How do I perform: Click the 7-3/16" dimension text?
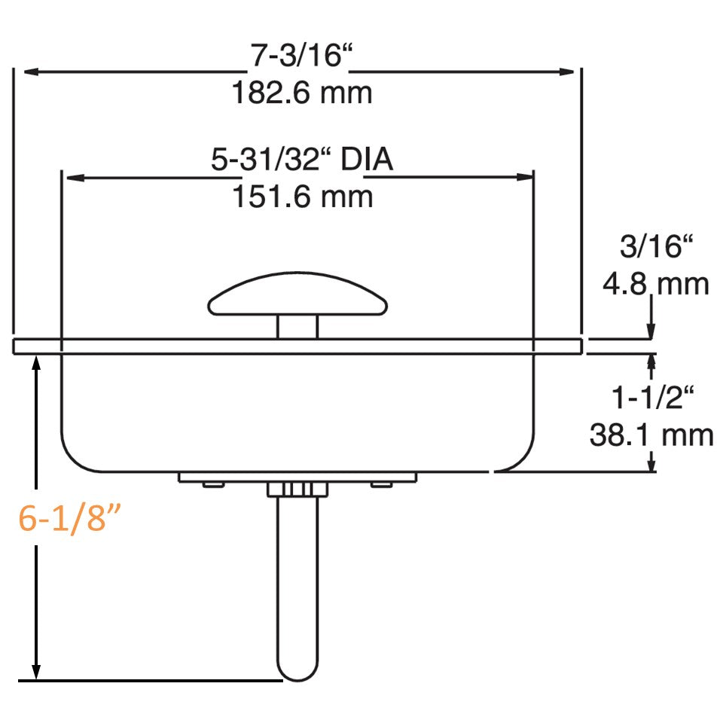[x=301, y=57]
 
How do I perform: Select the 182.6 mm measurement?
[x=301, y=94]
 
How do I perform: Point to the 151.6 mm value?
[x=301, y=197]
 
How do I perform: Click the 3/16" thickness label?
[x=655, y=248]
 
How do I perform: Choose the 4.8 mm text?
[x=655, y=285]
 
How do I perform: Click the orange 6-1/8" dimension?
[x=70, y=519]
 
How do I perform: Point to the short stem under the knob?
[x=297, y=327]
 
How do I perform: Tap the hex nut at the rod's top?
[x=297, y=490]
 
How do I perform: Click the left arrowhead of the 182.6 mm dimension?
[x=30, y=72]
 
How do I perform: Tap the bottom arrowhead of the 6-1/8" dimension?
[x=35, y=670]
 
